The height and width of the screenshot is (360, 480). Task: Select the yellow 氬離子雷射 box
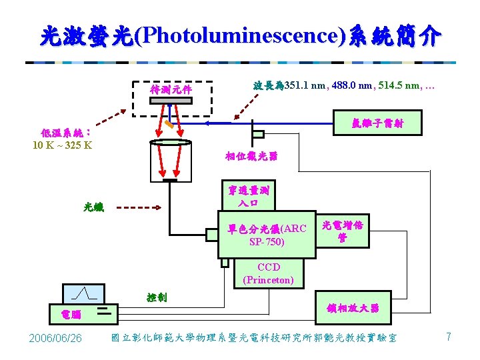click(377, 123)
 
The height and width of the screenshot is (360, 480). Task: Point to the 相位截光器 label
click(251, 157)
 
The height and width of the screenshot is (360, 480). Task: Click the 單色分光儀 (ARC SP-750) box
click(267, 234)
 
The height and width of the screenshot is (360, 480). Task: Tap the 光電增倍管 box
click(342, 231)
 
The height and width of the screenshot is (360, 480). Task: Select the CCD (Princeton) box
click(268, 273)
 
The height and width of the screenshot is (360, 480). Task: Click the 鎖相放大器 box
click(353, 308)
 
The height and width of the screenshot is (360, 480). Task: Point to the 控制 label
click(157, 297)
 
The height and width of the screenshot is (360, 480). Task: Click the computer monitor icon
click(83, 293)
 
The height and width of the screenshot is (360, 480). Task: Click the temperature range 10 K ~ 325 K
click(61, 144)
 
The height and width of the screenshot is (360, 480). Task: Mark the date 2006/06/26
click(56, 339)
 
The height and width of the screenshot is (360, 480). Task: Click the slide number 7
click(449, 337)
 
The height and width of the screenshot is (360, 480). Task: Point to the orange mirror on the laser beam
click(171, 123)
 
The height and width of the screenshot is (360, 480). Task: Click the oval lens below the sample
click(170, 142)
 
